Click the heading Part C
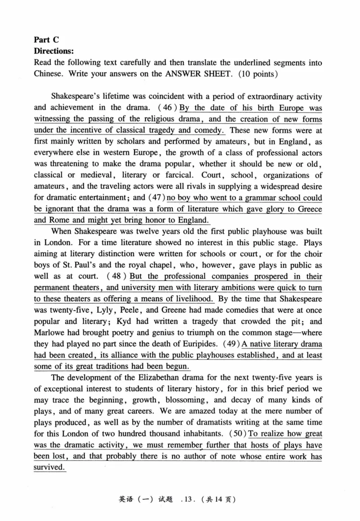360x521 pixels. (x=46, y=39)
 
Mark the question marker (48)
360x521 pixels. (x=108, y=276)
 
